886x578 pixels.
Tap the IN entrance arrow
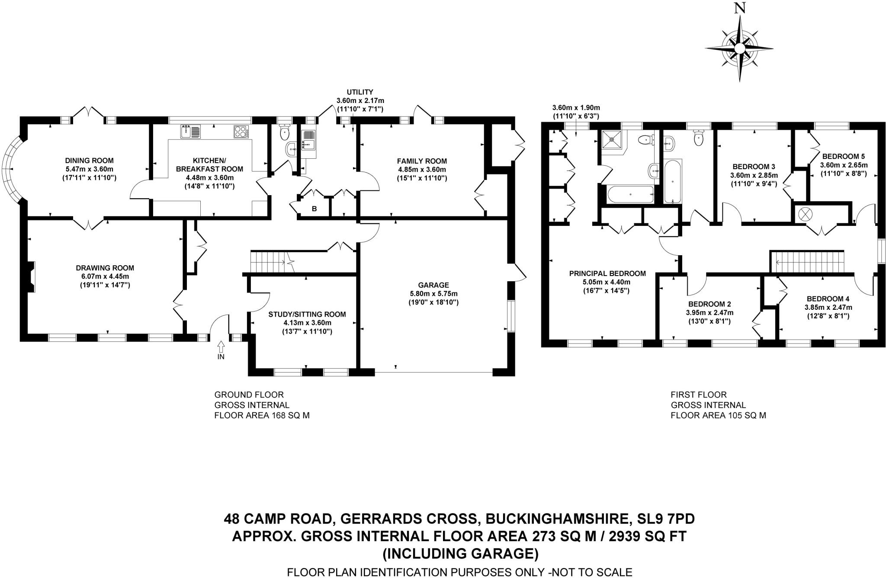(221, 347)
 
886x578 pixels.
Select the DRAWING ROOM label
(105, 268)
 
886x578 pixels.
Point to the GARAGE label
(433, 285)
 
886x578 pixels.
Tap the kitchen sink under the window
(191, 131)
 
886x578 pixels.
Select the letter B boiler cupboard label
(315, 209)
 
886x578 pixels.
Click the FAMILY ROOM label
(422, 161)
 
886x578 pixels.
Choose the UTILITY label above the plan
(360, 92)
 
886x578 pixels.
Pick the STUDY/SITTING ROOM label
(307, 315)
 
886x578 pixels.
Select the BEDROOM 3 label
(754, 167)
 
